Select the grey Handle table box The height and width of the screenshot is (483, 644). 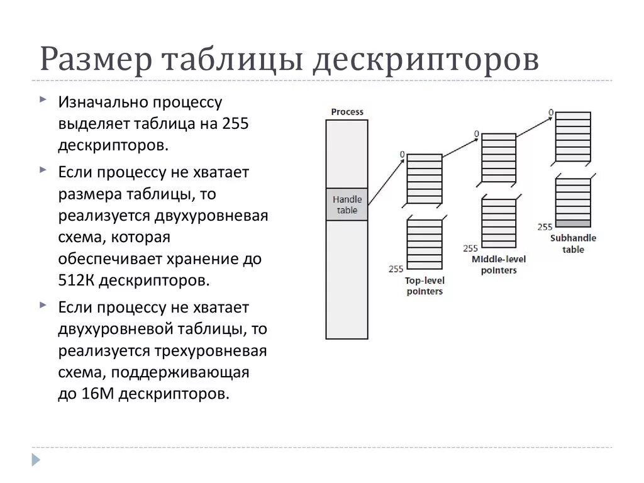[x=347, y=204]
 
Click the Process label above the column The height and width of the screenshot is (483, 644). [x=347, y=112]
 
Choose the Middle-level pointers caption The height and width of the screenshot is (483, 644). [x=499, y=264]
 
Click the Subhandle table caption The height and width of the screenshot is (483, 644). [x=573, y=243]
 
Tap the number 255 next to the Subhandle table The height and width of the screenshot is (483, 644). [x=545, y=227]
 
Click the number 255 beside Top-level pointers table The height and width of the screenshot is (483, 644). [x=396, y=269]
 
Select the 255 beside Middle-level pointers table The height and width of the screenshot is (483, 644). [x=470, y=248]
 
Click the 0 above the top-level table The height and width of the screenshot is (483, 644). [x=401, y=154]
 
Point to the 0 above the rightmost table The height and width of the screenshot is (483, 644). [x=551, y=113]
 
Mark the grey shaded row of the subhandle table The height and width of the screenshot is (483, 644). [x=573, y=223]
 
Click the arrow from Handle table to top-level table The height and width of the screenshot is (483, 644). [x=385, y=182]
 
